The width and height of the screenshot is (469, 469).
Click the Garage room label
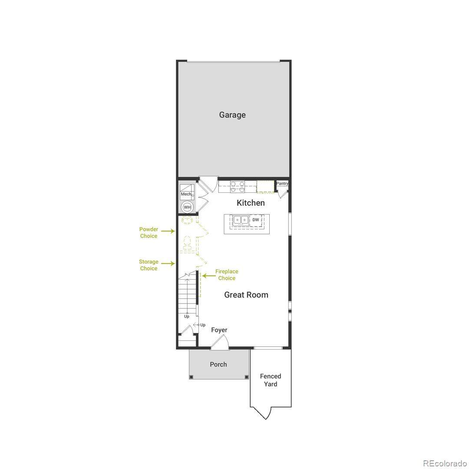coord(232,115)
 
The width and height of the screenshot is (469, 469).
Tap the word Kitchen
coord(251,203)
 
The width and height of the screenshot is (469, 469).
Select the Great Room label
coord(246,295)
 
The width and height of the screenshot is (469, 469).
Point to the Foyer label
coord(219,330)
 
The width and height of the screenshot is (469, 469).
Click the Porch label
coord(218,364)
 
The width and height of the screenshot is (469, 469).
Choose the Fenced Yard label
coord(271,380)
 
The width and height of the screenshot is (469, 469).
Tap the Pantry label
coord(282,183)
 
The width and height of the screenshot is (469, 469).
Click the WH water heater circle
coord(187,207)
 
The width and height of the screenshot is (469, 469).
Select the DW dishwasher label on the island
coord(256,220)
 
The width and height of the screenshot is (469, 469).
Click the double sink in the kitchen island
coord(241,220)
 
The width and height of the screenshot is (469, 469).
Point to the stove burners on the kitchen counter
coord(238,187)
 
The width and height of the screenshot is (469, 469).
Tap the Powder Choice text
coord(149,233)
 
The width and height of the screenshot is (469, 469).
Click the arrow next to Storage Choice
coord(168,264)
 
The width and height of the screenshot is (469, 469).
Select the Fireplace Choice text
coord(227,275)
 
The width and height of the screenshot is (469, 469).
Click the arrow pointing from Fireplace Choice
coord(209,276)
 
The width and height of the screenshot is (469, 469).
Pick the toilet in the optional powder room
coord(187,243)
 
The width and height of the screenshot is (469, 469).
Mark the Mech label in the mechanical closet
coord(186,194)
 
